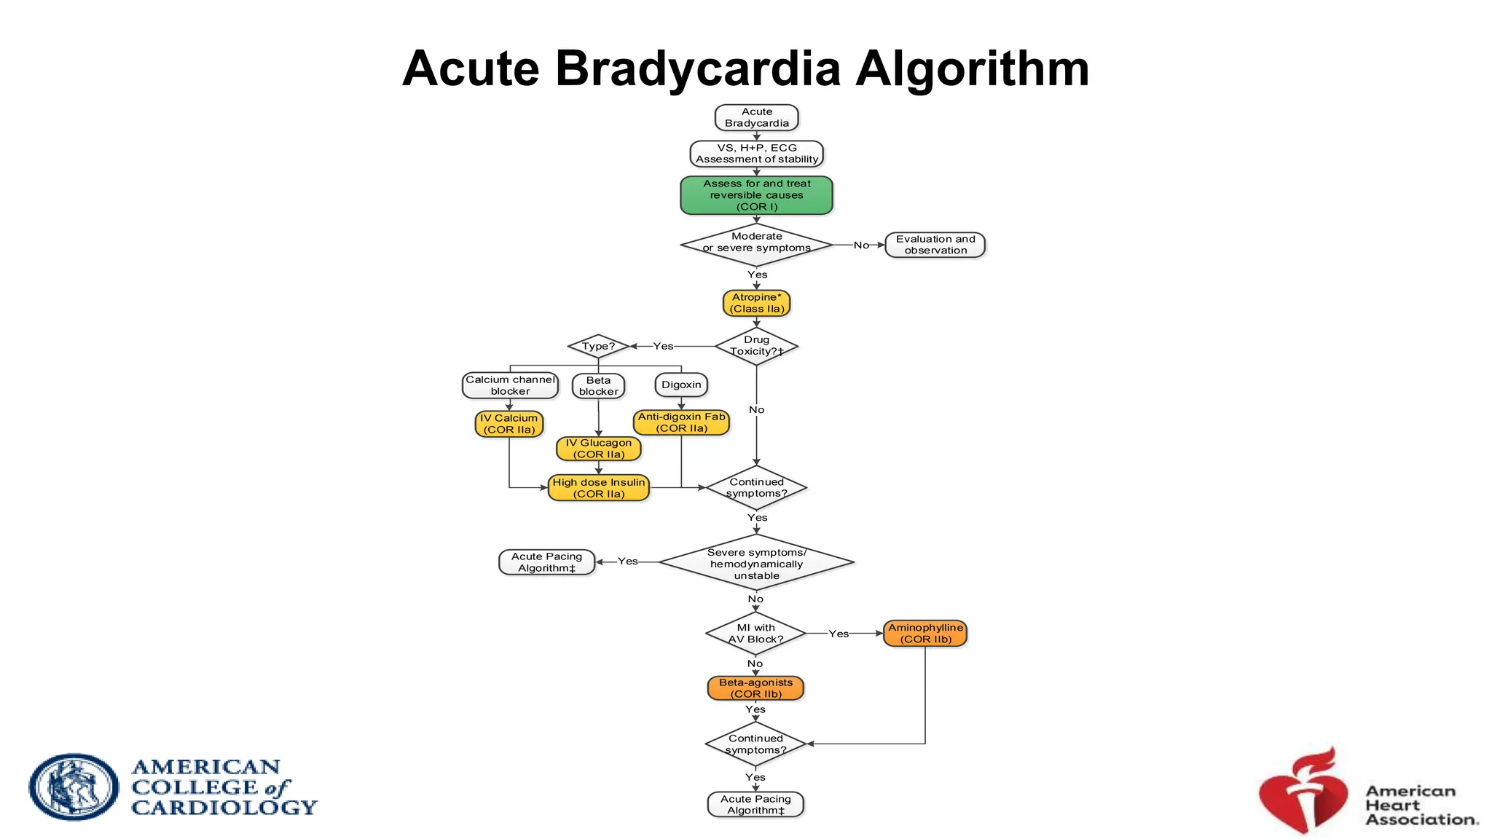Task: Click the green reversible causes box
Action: (x=756, y=195)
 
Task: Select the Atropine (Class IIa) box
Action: (x=756, y=303)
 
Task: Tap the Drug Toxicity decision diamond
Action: (x=756, y=346)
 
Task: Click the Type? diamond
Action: (x=598, y=346)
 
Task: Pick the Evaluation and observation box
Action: (x=935, y=245)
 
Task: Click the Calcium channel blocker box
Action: (x=510, y=385)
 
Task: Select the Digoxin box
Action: (x=681, y=385)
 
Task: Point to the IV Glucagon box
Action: (x=598, y=449)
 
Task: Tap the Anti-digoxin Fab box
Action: (x=681, y=422)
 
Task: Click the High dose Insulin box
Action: (x=598, y=488)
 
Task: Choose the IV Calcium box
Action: (x=509, y=424)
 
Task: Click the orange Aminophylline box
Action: (x=925, y=634)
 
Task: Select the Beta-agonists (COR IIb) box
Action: (x=755, y=688)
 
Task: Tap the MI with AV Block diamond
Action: (x=755, y=634)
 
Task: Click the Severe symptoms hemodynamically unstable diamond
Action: (x=756, y=563)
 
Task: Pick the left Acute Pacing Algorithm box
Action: (x=546, y=562)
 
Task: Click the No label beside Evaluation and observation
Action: (x=861, y=245)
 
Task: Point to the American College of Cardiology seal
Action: (x=74, y=787)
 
